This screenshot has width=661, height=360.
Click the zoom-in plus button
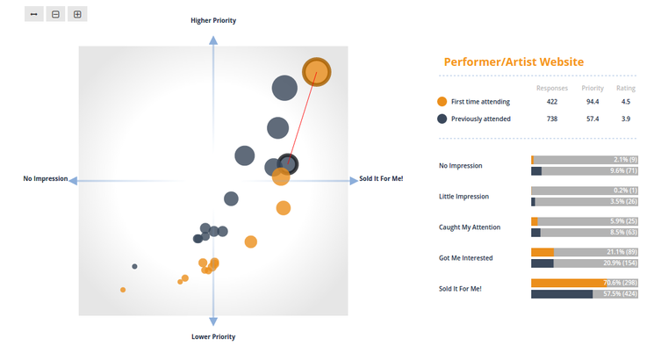77,14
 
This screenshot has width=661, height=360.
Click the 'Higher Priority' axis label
213,20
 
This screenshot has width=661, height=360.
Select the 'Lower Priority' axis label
213,336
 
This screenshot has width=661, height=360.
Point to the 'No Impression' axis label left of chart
46,179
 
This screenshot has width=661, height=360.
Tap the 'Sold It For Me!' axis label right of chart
381,179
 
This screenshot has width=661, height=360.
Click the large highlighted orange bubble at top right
317,72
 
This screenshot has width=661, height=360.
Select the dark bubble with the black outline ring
288,164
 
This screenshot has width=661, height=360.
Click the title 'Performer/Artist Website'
514,62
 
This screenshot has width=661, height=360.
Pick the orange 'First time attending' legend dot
442,102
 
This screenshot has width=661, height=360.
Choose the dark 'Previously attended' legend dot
442,119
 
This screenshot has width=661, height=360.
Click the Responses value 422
552,102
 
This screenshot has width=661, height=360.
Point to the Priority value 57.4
593,119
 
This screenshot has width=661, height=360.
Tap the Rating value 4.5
626,102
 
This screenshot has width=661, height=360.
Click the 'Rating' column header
626,88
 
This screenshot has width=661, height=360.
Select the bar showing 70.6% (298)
585,283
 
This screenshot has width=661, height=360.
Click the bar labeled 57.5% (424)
585,294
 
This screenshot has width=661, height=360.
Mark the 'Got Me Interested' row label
466,258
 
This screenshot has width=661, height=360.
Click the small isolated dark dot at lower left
134,266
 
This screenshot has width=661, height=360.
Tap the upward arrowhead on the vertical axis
213,40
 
